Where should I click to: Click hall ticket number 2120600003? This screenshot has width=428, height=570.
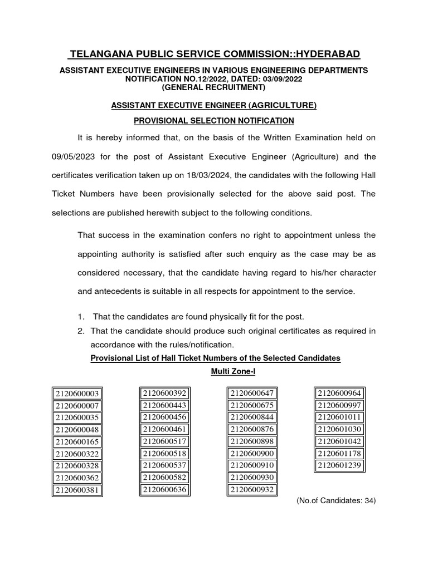click(80, 394)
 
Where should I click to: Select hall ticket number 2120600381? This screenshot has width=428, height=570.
click(80, 490)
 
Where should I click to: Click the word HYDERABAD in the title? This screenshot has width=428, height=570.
click(317, 53)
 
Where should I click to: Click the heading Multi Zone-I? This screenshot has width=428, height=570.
click(215, 371)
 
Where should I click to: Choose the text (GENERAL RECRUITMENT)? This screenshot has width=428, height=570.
click(213, 88)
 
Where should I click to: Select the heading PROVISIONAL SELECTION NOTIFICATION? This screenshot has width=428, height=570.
click(213, 120)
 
